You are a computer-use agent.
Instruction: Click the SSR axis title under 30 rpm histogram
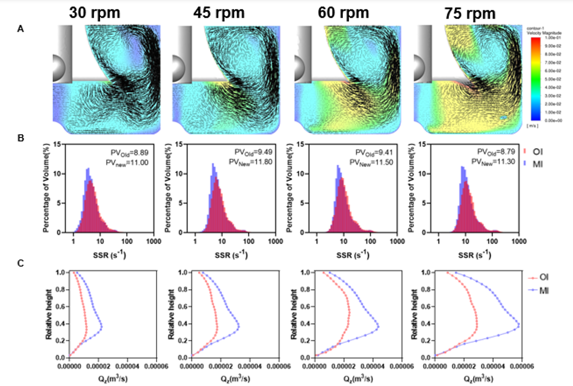99,254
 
